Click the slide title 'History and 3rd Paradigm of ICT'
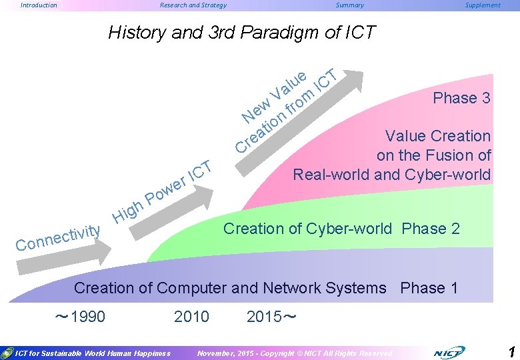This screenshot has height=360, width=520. pos(241,32)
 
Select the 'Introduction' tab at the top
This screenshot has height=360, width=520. pos(39,5)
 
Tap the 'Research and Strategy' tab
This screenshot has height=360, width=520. pos(193,5)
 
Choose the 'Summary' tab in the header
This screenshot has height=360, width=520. pos(350,5)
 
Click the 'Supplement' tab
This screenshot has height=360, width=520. pos(482,5)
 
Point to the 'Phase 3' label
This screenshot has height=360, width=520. pos(461,98)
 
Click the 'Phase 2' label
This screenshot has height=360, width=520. pos(431,229)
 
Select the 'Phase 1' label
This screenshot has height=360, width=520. pos(429,288)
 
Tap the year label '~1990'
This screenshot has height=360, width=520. pos(79,316)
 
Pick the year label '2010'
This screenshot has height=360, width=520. pos(191,316)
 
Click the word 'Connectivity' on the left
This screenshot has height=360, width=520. pos(58,238)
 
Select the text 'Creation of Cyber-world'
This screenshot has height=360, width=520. pos(307,229)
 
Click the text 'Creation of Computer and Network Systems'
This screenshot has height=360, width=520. pos(230,288)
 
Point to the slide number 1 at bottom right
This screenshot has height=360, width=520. pos(511,351)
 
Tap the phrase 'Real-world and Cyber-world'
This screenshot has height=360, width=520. pos(391,175)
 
